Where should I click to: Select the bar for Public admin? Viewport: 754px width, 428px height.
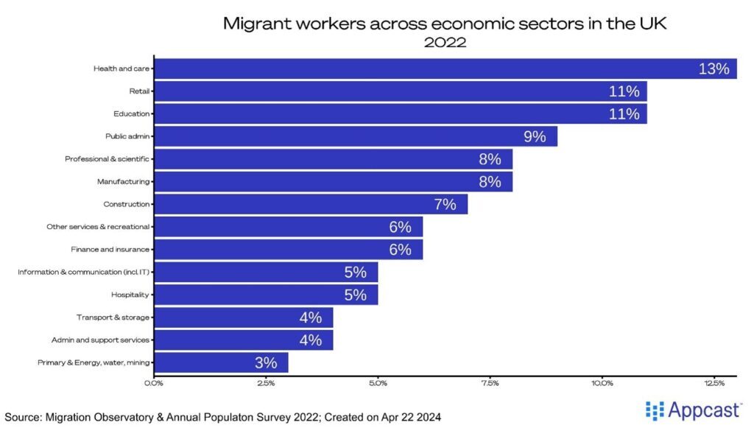353,136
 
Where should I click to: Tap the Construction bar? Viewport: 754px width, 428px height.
309,204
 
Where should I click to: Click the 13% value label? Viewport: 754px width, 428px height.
714,69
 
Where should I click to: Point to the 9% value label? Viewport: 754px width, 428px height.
535,136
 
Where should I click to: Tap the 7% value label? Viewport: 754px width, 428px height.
445,204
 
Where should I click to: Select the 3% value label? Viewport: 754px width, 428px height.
266,362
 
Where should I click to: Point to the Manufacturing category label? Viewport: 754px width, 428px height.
123,181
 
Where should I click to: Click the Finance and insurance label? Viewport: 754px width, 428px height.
110,250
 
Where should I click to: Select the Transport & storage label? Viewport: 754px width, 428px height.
113,318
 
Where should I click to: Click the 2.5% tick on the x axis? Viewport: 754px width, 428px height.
266,382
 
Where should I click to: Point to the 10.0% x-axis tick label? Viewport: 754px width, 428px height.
602,382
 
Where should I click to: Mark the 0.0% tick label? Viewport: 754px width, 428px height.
155,382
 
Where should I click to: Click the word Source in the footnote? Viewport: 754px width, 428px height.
24,417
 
